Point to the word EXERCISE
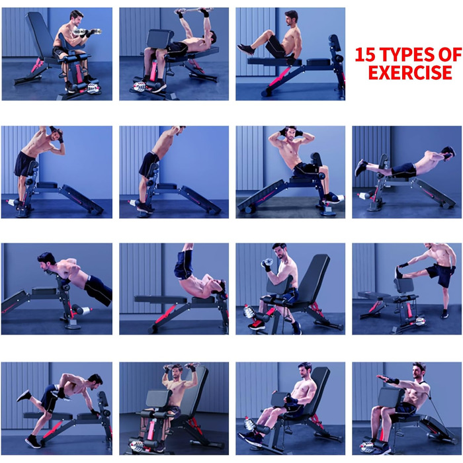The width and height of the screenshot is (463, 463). [410, 72]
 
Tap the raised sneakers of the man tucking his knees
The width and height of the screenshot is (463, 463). [245, 50]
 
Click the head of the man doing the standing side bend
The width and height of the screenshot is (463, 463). [56, 134]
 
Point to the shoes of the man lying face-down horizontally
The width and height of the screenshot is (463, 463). [361, 167]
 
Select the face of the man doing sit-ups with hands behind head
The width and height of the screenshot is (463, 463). [291, 134]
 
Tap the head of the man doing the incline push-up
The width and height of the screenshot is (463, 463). [46, 261]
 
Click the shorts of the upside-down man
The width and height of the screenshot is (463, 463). [183, 265]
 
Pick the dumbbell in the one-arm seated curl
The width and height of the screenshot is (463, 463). [267, 263]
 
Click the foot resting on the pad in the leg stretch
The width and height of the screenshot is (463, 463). [400, 273]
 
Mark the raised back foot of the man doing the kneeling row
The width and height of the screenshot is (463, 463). [24, 396]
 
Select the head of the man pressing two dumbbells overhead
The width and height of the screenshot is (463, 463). [177, 372]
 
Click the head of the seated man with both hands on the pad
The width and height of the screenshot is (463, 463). [304, 370]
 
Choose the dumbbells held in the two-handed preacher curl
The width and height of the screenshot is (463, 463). [87, 32]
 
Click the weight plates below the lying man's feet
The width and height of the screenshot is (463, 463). [140, 87]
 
